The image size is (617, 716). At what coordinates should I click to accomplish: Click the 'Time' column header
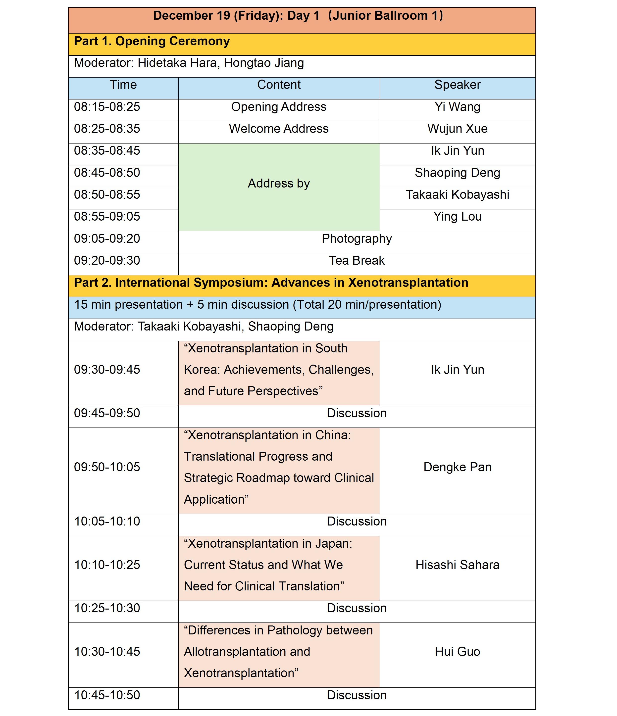(123, 85)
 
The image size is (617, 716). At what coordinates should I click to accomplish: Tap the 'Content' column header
(279, 85)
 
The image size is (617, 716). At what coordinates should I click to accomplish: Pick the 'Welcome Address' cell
(279, 129)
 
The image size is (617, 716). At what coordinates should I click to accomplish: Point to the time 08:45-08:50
(107, 173)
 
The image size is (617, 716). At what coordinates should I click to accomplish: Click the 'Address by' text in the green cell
(279, 184)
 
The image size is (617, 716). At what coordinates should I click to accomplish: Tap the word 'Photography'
(357, 239)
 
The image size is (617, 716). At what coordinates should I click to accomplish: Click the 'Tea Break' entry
(357, 261)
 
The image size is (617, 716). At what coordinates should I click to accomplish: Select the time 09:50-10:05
(107, 467)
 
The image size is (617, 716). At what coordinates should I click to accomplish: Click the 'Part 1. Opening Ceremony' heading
(152, 42)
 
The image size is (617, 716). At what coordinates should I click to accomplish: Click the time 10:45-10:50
(107, 695)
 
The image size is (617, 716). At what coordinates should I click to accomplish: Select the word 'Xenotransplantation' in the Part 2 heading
(408, 283)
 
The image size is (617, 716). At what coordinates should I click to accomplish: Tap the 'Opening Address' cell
(279, 107)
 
